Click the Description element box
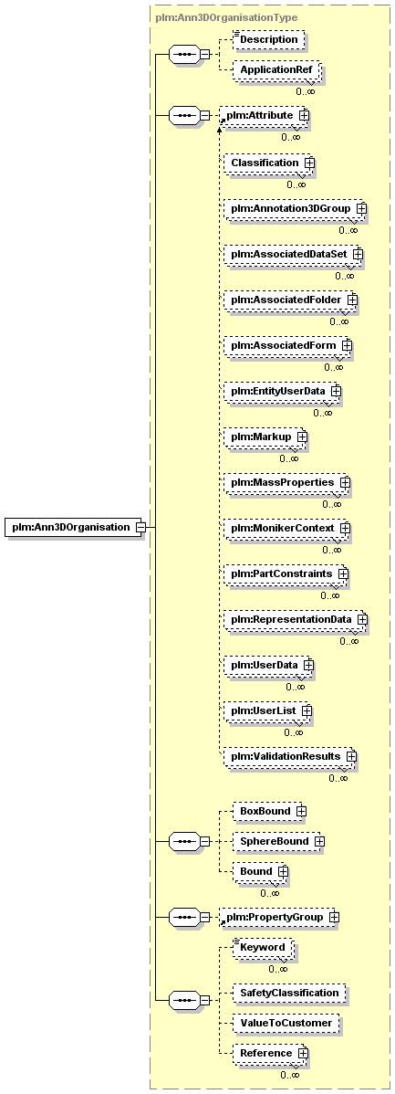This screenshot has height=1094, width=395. pyautogui.click(x=269, y=40)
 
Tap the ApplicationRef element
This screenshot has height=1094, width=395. pyautogui.click(x=275, y=70)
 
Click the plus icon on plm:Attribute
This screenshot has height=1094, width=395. pyautogui.click(x=304, y=114)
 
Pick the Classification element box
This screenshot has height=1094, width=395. pyautogui.click(x=268, y=163)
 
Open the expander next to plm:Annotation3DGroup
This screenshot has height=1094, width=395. pyautogui.click(x=361, y=208)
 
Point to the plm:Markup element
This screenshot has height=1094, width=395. pyautogui.click(x=265, y=437)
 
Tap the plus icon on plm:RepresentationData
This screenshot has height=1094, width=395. pyautogui.click(x=362, y=619)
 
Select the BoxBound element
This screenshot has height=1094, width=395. pyautogui.click(x=270, y=812)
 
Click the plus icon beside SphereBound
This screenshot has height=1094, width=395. pyautogui.click(x=319, y=841)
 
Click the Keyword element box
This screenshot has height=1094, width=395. pyautogui.click(x=263, y=948)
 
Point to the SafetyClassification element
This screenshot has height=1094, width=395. pyautogui.click(x=289, y=993)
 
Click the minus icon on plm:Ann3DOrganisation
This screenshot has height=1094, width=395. pyautogui.click(x=140, y=528)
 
